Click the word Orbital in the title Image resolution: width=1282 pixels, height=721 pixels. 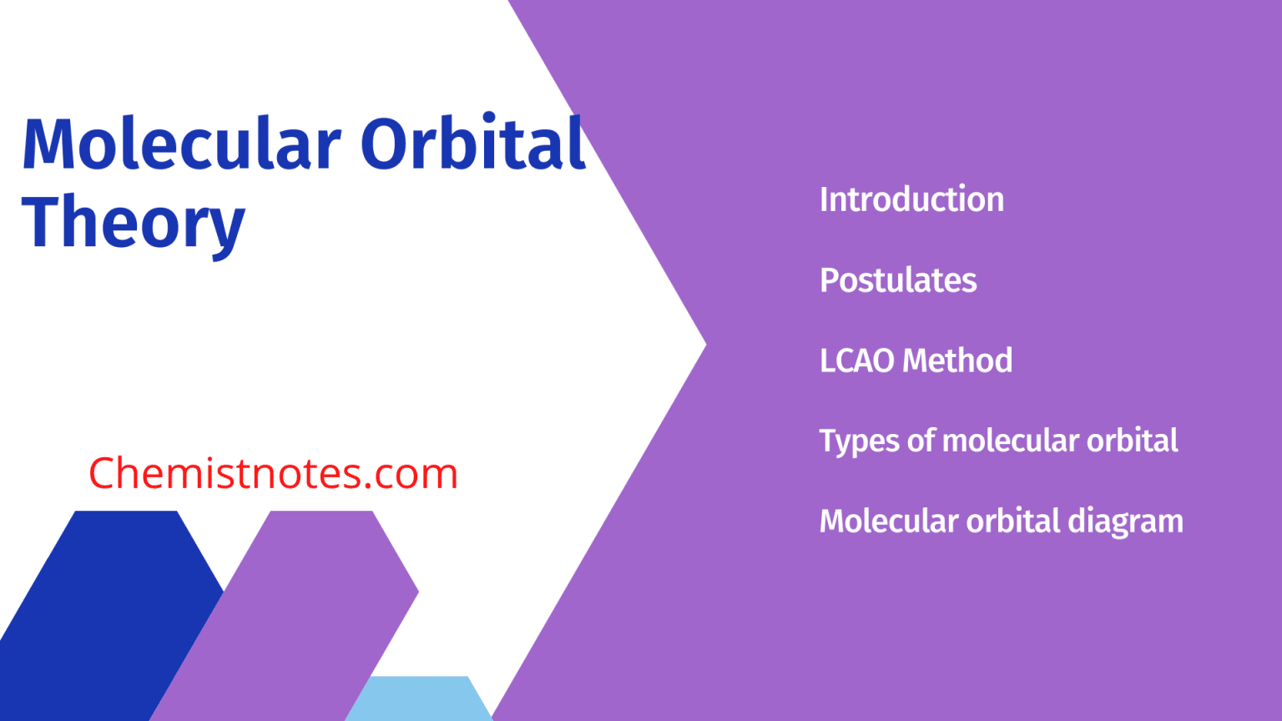tap(472, 144)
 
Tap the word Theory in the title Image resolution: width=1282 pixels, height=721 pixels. tap(134, 223)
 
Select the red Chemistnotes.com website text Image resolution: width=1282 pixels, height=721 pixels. tap(273, 473)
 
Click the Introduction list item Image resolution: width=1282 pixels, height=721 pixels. tap(911, 199)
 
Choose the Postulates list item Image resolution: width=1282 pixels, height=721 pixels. tap(898, 280)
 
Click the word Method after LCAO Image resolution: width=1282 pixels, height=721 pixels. tap(957, 360)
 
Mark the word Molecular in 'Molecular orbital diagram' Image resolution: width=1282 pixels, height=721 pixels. tap(888, 522)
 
